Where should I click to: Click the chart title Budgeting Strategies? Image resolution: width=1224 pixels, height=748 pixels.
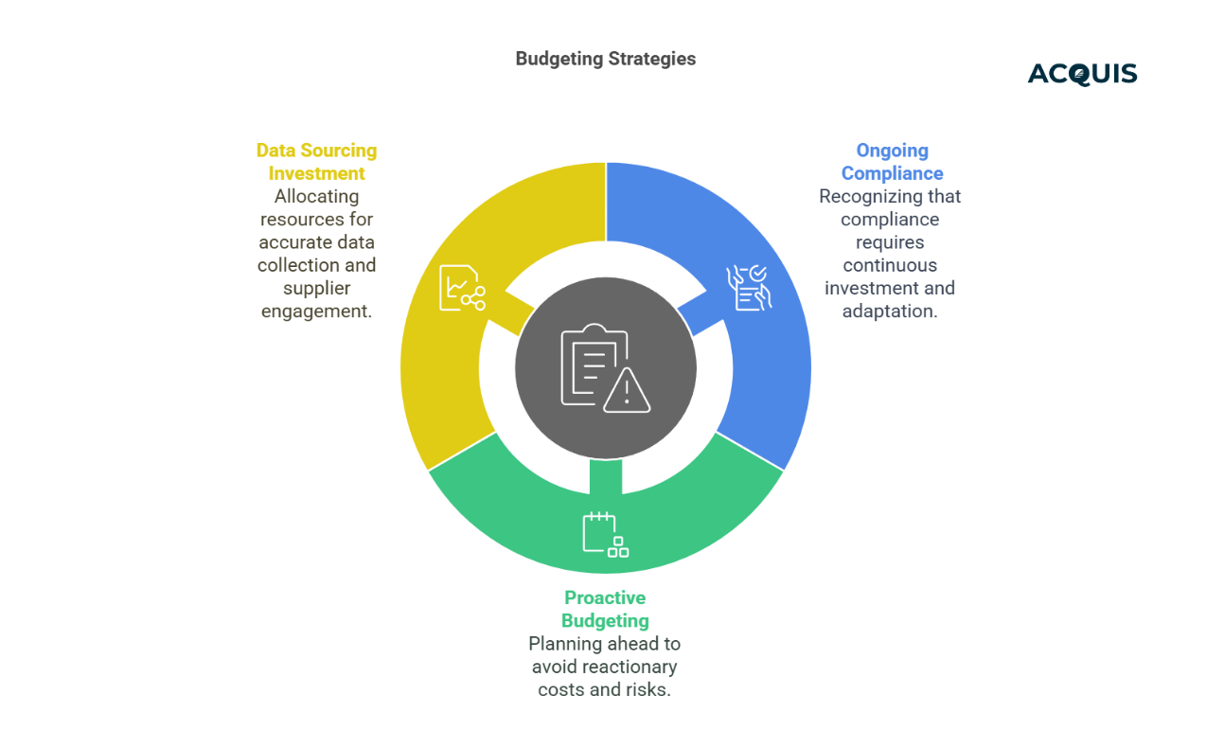point(605,59)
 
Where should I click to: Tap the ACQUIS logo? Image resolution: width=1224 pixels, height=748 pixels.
point(1082,74)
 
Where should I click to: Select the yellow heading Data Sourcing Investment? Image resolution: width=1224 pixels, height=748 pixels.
point(316,162)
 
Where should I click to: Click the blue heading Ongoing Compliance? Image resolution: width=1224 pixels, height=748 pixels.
point(892,162)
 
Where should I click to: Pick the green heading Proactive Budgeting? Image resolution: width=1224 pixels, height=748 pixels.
point(605,609)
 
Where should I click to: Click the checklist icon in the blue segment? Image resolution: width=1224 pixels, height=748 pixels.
point(748,287)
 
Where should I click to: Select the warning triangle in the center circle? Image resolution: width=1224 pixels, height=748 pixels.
point(626,390)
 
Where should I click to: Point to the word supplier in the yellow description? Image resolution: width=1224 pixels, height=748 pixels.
point(316,288)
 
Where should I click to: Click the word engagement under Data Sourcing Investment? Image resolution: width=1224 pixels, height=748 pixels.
point(316,311)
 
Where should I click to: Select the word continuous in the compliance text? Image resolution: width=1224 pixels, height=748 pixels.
point(890,265)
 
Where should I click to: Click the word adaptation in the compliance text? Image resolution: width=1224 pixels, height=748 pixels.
point(890,311)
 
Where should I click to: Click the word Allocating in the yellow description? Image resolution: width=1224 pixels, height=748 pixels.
point(316,196)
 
